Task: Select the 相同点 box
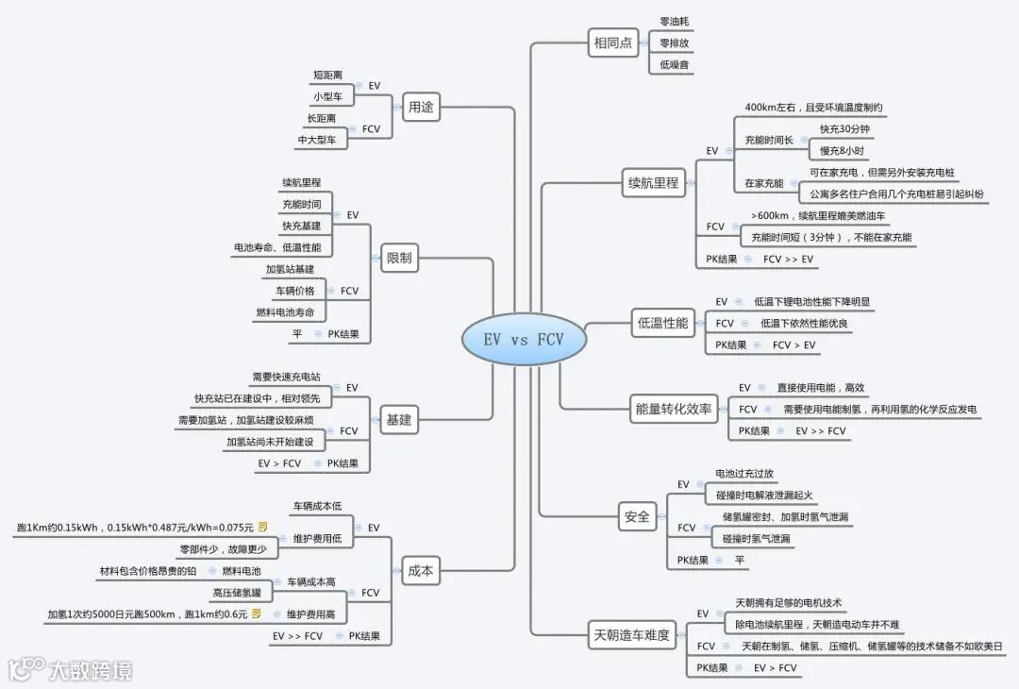coord(613,42)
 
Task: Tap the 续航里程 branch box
coord(653,183)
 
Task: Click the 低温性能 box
coord(662,323)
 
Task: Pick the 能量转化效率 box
coord(674,409)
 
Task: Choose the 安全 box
coord(637,516)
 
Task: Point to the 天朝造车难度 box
coord(631,634)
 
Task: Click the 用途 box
coord(421,107)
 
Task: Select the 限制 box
coord(399,258)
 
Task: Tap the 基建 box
coord(399,420)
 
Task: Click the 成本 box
coord(421,569)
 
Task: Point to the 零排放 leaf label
coord(674,42)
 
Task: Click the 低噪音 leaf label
coord(674,64)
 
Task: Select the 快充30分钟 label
coord(844,129)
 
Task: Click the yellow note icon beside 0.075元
coord(263,527)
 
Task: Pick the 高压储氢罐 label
coord(236,593)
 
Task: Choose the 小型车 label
coord(326,96)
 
